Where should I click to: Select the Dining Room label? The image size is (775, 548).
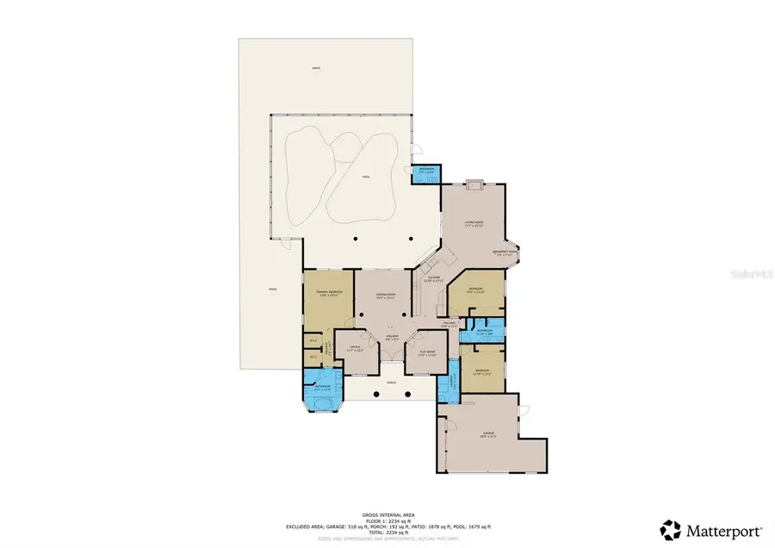pos(385,295)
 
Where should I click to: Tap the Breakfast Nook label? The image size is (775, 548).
pos(503,253)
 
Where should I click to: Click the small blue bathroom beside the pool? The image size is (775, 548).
pos(425,172)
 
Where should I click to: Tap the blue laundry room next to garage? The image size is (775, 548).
pos(446,385)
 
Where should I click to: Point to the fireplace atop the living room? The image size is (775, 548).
pos(473,183)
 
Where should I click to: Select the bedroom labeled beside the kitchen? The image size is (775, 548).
pos(475,290)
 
